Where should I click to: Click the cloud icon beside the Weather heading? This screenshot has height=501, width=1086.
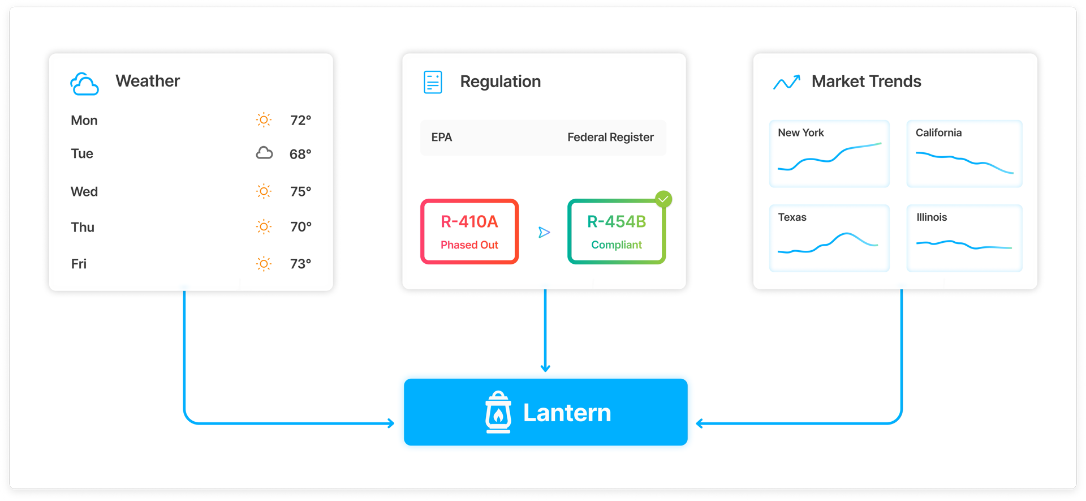[84, 84]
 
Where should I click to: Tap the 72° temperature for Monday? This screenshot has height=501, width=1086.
[300, 121]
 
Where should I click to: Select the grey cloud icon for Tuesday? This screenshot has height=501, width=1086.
[264, 153]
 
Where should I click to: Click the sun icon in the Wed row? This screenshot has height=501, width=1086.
[264, 191]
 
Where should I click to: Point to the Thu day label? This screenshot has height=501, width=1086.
[83, 227]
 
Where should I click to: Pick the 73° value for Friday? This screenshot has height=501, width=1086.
[300, 264]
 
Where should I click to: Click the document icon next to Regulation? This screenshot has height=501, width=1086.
[433, 82]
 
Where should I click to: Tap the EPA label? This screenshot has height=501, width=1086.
[441, 138]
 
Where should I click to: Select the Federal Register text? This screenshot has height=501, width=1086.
[610, 138]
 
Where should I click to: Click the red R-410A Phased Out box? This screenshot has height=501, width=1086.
[469, 232]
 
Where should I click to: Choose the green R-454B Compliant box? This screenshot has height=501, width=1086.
[616, 232]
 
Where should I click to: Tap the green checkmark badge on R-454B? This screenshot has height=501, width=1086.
[663, 199]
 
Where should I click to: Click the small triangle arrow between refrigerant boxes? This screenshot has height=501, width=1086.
[544, 232]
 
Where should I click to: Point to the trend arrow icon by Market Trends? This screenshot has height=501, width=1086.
[787, 82]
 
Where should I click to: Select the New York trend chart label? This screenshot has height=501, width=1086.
[800, 132]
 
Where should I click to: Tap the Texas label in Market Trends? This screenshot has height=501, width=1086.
[792, 217]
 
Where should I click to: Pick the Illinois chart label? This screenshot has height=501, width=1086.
[931, 217]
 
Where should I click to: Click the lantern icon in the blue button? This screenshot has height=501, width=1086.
[498, 413]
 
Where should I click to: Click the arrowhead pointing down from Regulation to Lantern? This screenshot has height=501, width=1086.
[545, 367]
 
